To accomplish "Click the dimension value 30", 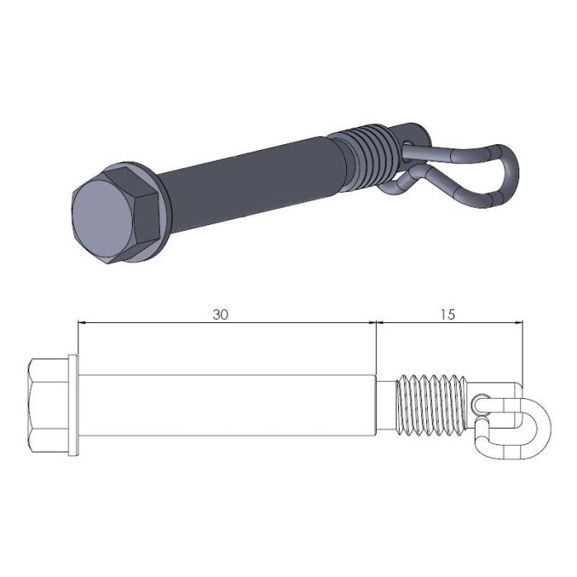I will tap(220, 314).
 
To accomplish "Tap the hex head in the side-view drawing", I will tap(49, 405).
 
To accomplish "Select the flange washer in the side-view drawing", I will tap(75, 405).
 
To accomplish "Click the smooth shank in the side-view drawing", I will tap(227, 405).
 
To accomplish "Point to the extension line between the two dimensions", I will tap(377, 346).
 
